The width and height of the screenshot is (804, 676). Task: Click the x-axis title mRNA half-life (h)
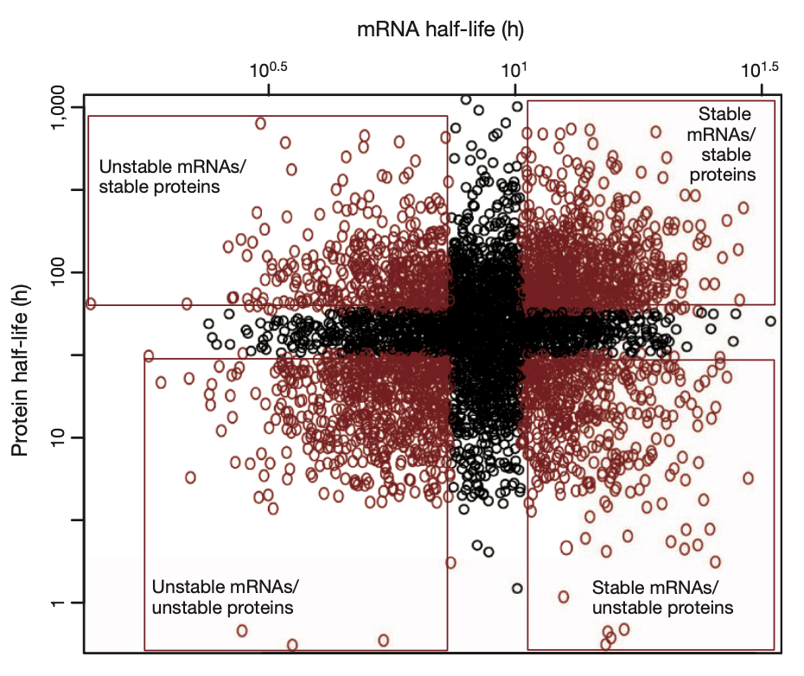[441, 29]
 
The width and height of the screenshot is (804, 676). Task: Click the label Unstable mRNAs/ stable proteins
[160, 175]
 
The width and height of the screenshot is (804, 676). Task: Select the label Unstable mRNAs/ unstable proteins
[223, 596]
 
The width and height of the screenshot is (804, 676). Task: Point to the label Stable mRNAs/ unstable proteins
[662, 596]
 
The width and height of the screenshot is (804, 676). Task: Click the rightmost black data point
[770, 321]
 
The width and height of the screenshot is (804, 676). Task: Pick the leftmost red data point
[91, 303]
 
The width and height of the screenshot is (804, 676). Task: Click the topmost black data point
[466, 99]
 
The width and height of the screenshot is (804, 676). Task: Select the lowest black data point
[517, 588]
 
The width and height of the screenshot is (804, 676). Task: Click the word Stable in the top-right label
[724, 113]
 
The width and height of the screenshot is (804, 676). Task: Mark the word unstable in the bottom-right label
[626, 608]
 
